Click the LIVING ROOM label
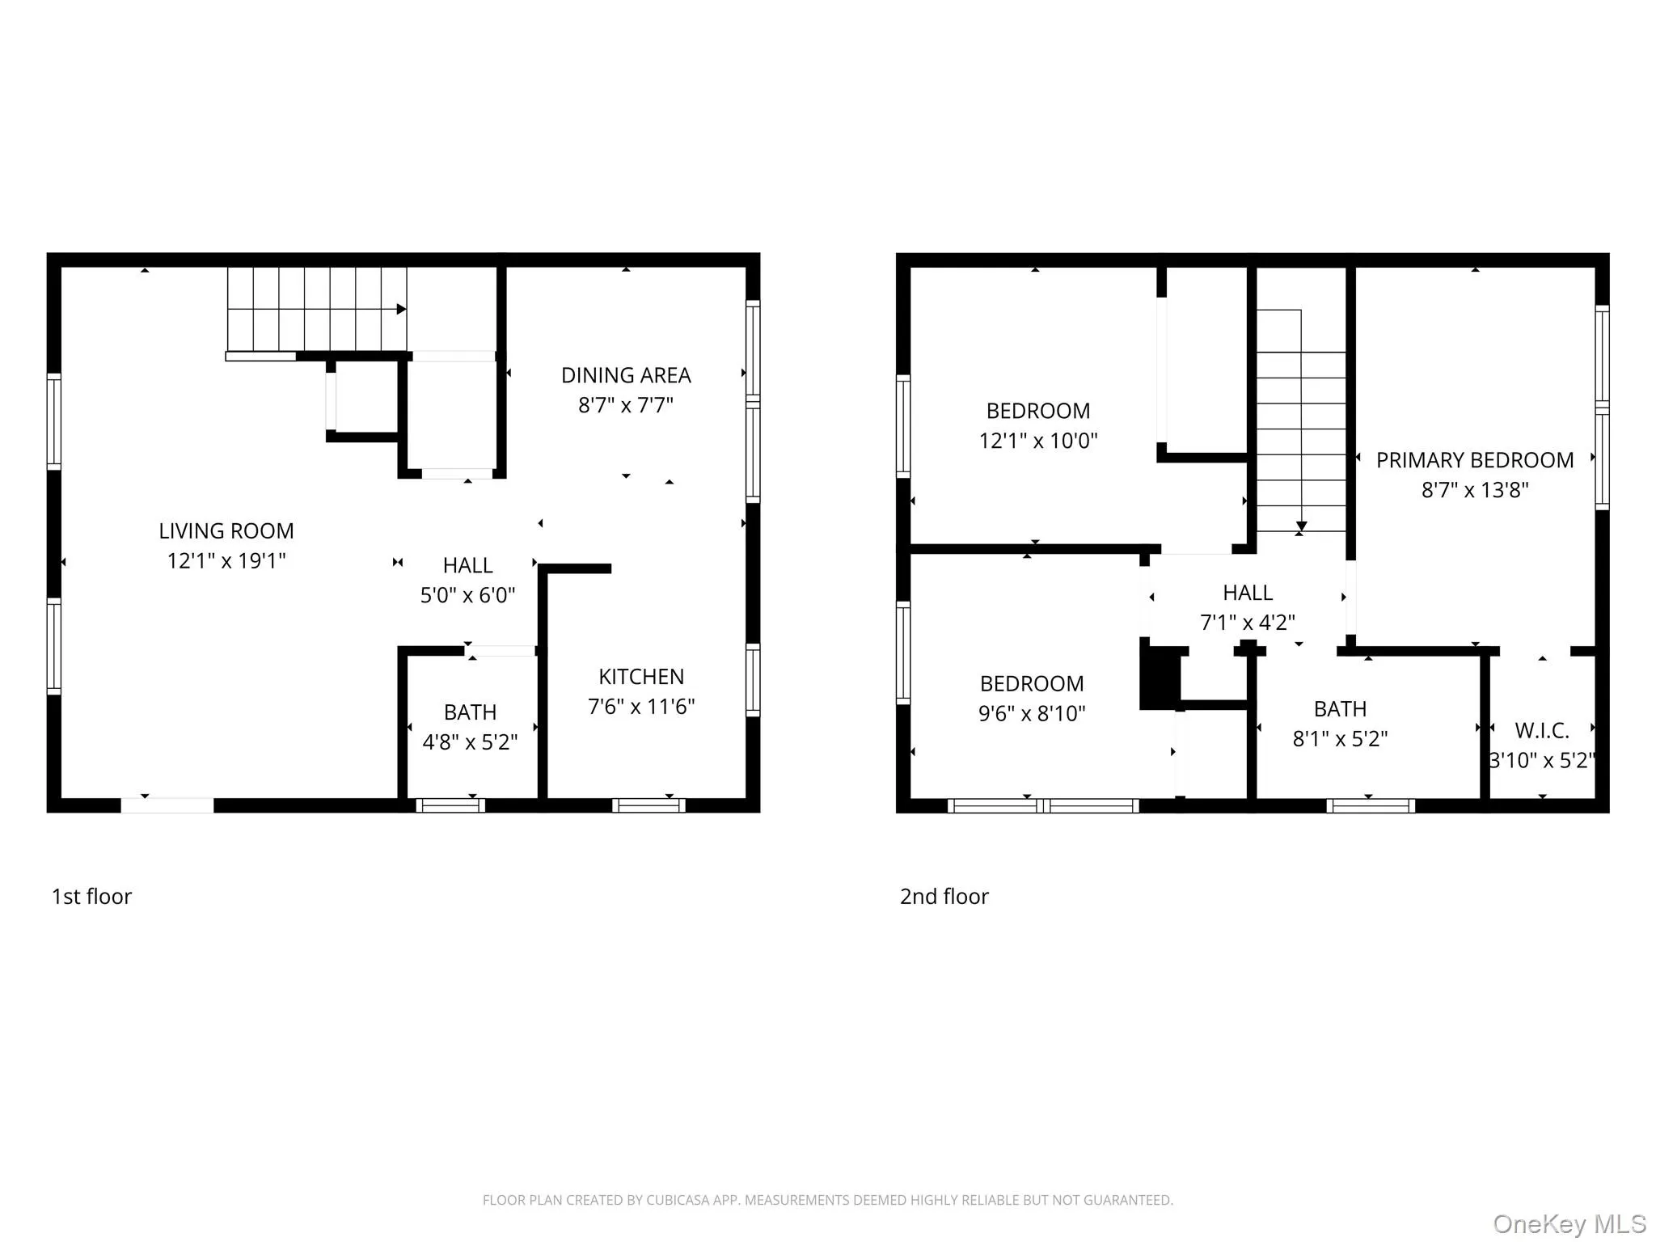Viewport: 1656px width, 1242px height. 226,531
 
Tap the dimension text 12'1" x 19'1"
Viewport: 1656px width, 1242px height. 226,561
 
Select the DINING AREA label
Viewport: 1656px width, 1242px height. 626,375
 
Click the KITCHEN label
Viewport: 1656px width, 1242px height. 640,677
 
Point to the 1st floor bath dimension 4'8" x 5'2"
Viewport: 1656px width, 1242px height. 470,742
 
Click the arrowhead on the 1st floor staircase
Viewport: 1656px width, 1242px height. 401,309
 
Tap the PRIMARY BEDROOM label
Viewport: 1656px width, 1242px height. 1474,460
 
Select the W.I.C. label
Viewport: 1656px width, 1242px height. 1541,731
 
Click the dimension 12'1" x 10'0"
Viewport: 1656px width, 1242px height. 1038,441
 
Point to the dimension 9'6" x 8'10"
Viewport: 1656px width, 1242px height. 1032,713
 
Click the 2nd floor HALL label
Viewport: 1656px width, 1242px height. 1247,593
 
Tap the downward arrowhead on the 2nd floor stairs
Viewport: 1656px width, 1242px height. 1301,527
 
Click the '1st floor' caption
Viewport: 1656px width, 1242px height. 91,896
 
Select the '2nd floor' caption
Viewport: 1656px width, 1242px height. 944,896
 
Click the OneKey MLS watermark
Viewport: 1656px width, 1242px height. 1569,1223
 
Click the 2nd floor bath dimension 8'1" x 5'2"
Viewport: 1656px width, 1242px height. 1340,739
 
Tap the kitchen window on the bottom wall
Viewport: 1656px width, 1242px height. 648,805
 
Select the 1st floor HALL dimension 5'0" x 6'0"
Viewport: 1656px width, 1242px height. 467,595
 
